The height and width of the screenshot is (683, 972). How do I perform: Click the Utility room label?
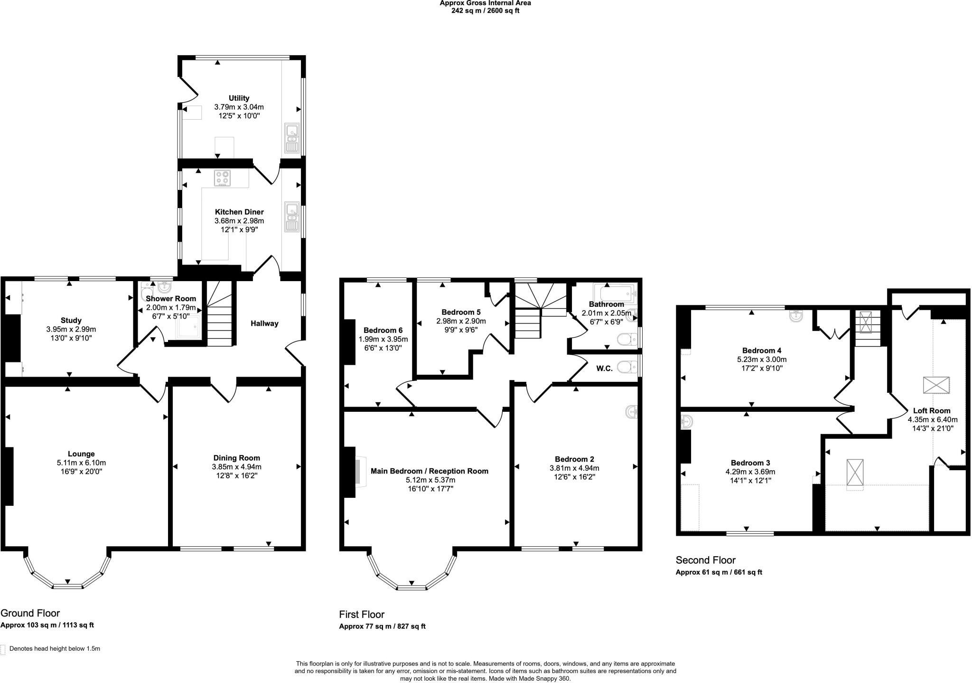pyautogui.click(x=239, y=98)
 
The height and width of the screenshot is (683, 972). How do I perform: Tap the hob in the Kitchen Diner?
pyautogui.click(x=222, y=178)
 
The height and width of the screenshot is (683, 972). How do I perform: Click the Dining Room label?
pyautogui.click(x=236, y=458)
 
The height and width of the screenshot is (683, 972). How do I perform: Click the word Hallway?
pyautogui.click(x=264, y=323)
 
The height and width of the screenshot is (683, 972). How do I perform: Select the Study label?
pyautogui.click(x=71, y=321)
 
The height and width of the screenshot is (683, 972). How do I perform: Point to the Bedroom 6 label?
pyautogui.click(x=383, y=330)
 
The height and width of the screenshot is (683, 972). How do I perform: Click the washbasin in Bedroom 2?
pyautogui.click(x=632, y=412)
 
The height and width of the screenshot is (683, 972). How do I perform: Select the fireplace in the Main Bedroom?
pyautogui.click(x=360, y=472)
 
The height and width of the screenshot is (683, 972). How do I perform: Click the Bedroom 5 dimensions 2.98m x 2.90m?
pyautogui.click(x=461, y=321)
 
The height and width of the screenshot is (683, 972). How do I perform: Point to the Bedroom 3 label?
pyautogui.click(x=750, y=463)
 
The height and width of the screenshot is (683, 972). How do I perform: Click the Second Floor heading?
pyautogui.click(x=705, y=560)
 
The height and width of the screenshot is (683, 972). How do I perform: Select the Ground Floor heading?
pyautogui.click(x=30, y=613)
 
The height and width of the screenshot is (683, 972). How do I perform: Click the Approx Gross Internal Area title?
pyautogui.click(x=485, y=3)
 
